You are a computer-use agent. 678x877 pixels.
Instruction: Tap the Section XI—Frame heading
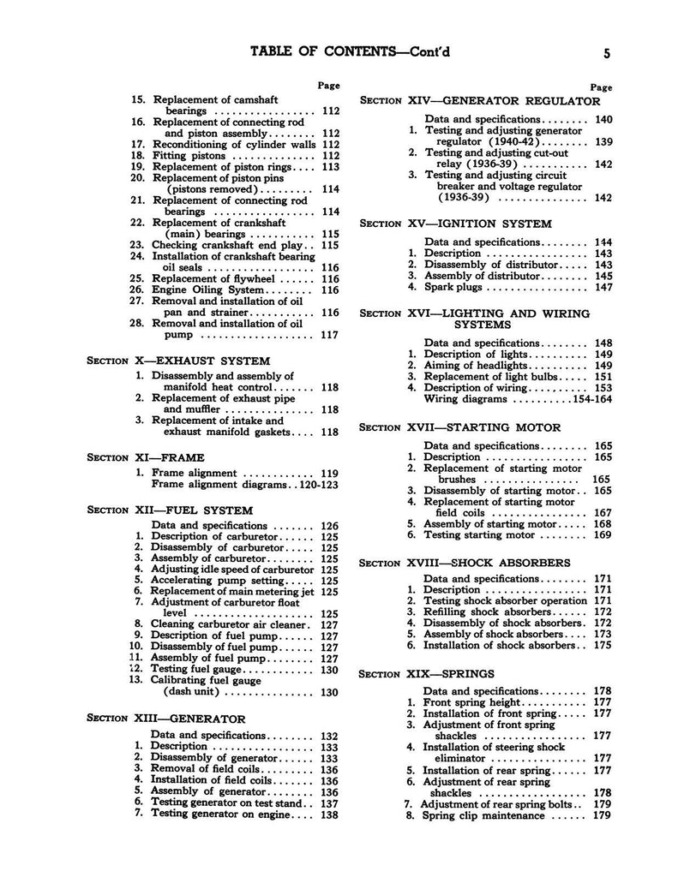[146, 457]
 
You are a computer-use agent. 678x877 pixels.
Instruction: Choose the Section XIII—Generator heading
[166, 718]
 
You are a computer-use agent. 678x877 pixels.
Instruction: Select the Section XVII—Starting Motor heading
[461, 427]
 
